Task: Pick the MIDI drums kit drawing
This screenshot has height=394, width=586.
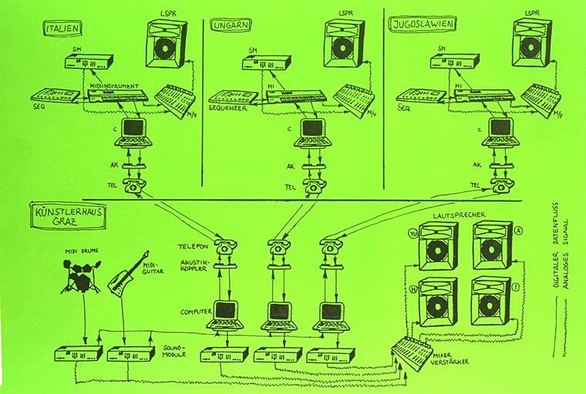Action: click(x=80, y=275)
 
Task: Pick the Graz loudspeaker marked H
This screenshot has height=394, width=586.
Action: click(x=438, y=301)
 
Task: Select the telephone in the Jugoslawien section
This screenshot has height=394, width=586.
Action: click(x=500, y=186)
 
